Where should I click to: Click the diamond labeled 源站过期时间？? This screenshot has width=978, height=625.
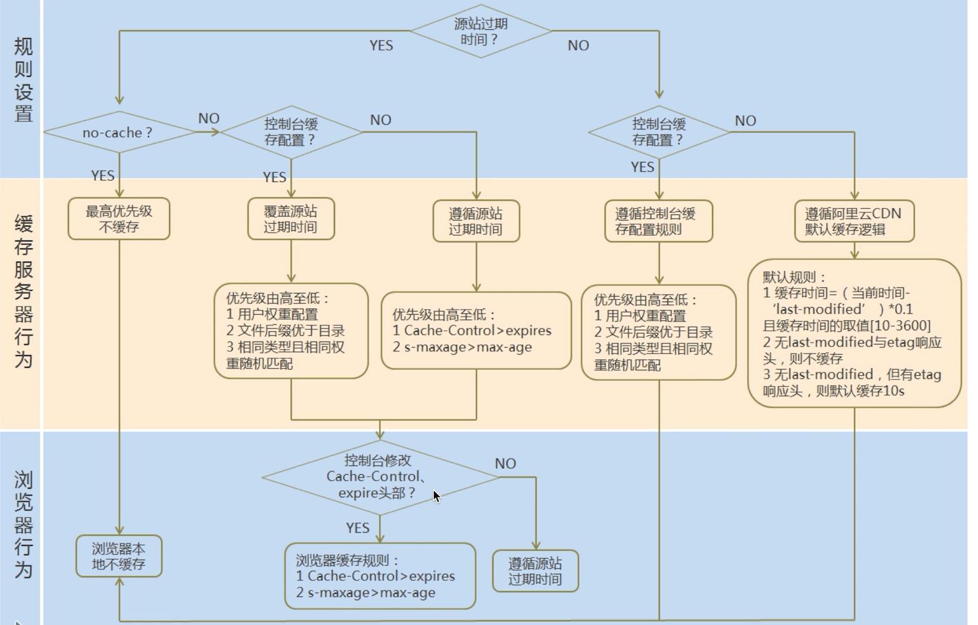click(481, 31)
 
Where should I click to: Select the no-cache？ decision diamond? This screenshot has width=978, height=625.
click(118, 133)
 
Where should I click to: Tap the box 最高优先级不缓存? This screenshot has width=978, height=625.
click(118, 219)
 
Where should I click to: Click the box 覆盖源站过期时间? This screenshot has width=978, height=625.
click(290, 219)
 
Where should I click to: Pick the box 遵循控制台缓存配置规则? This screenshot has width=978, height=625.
click(658, 221)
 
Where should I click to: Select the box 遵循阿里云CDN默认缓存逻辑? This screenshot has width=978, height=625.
click(854, 221)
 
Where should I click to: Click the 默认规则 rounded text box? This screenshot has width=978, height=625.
click(854, 334)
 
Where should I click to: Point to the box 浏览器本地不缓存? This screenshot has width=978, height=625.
click(118, 556)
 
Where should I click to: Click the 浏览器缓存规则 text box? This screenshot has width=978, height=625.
click(380, 576)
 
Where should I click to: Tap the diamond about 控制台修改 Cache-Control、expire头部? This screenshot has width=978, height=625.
click(380, 477)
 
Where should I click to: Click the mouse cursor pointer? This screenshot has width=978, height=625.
click(436, 497)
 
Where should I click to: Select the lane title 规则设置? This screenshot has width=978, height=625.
click(23, 80)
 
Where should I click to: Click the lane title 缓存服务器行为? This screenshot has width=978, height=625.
click(23, 292)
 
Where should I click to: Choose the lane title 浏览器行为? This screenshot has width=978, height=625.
click(23, 525)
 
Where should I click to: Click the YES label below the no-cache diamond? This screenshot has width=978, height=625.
click(103, 176)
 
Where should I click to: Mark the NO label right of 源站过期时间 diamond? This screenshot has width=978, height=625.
click(578, 45)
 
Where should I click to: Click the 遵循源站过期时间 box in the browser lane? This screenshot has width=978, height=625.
click(535, 571)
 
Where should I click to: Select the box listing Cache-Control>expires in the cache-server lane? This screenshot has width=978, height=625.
click(476, 331)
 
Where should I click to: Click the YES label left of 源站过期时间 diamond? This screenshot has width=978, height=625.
click(381, 45)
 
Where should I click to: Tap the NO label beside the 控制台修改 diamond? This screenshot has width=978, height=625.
click(505, 464)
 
